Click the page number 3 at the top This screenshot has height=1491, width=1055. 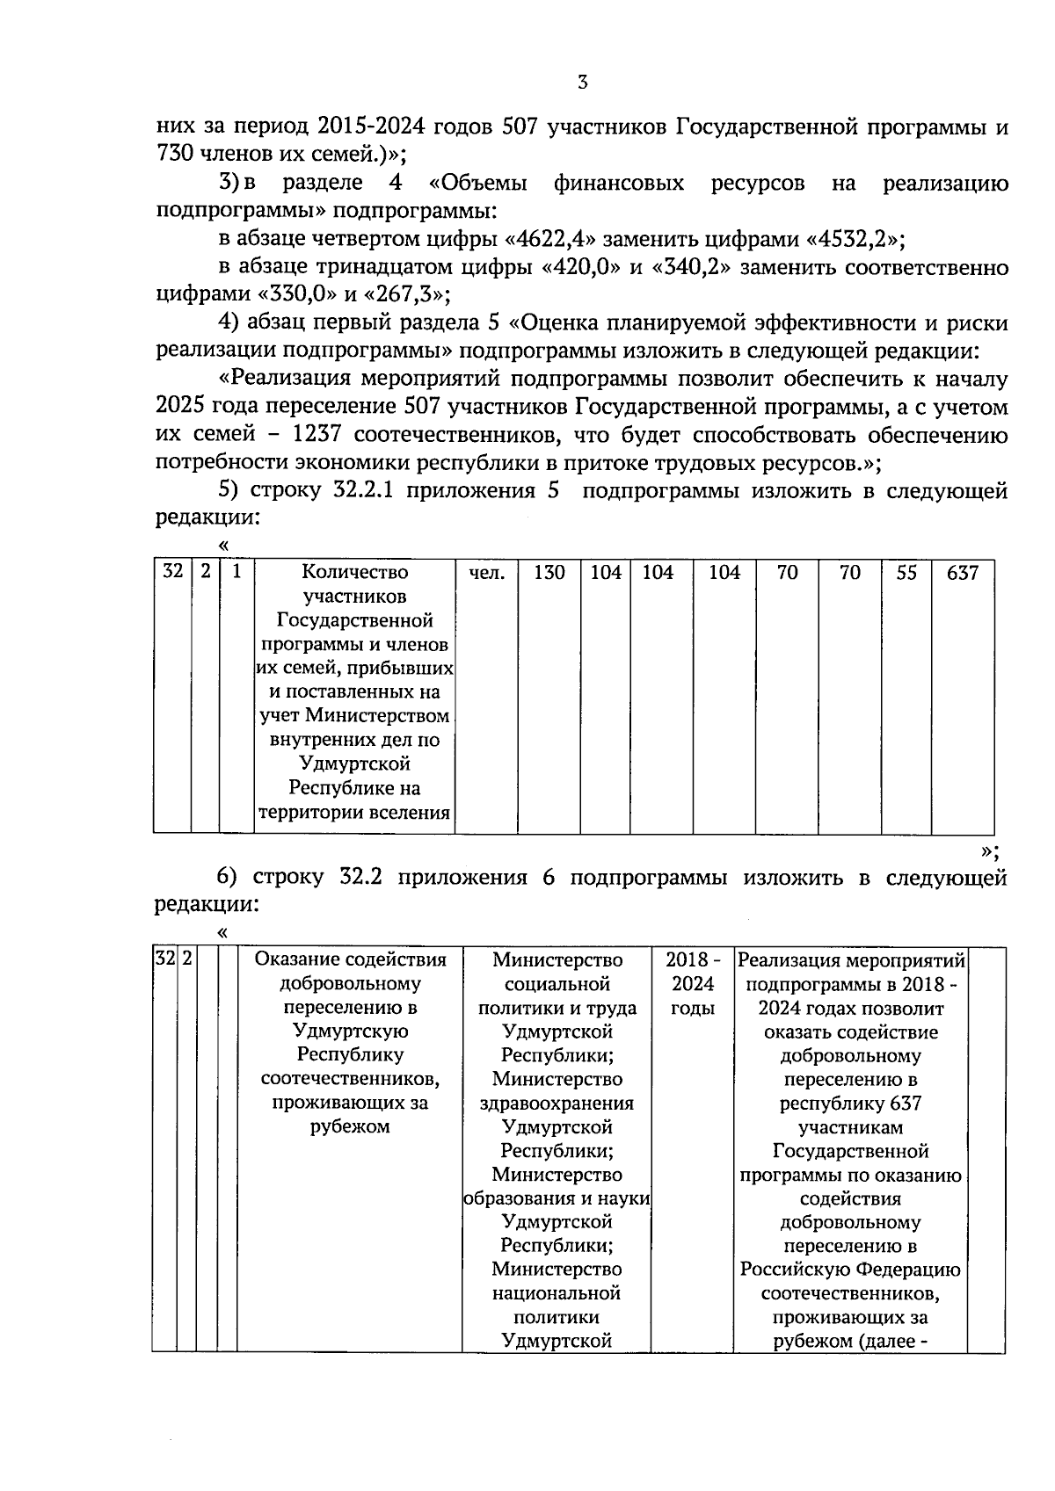point(582,83)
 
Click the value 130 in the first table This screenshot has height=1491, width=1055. point(549,573)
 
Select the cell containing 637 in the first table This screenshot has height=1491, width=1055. point(962,573)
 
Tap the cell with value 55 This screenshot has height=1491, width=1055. point(906,573)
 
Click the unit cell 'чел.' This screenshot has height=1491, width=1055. point(487,573)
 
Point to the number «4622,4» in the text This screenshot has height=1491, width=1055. point(553,239)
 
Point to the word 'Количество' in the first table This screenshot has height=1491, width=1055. point(354,573)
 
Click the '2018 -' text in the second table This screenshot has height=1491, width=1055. point(693,960)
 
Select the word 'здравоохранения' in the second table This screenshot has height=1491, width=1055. point(557,1104)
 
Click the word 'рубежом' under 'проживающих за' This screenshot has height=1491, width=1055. point(350,1126)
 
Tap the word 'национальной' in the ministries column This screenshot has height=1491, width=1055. point(557,1293)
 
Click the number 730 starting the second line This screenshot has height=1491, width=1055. point(174,156)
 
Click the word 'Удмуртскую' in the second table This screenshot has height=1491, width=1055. point(350,1031)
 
